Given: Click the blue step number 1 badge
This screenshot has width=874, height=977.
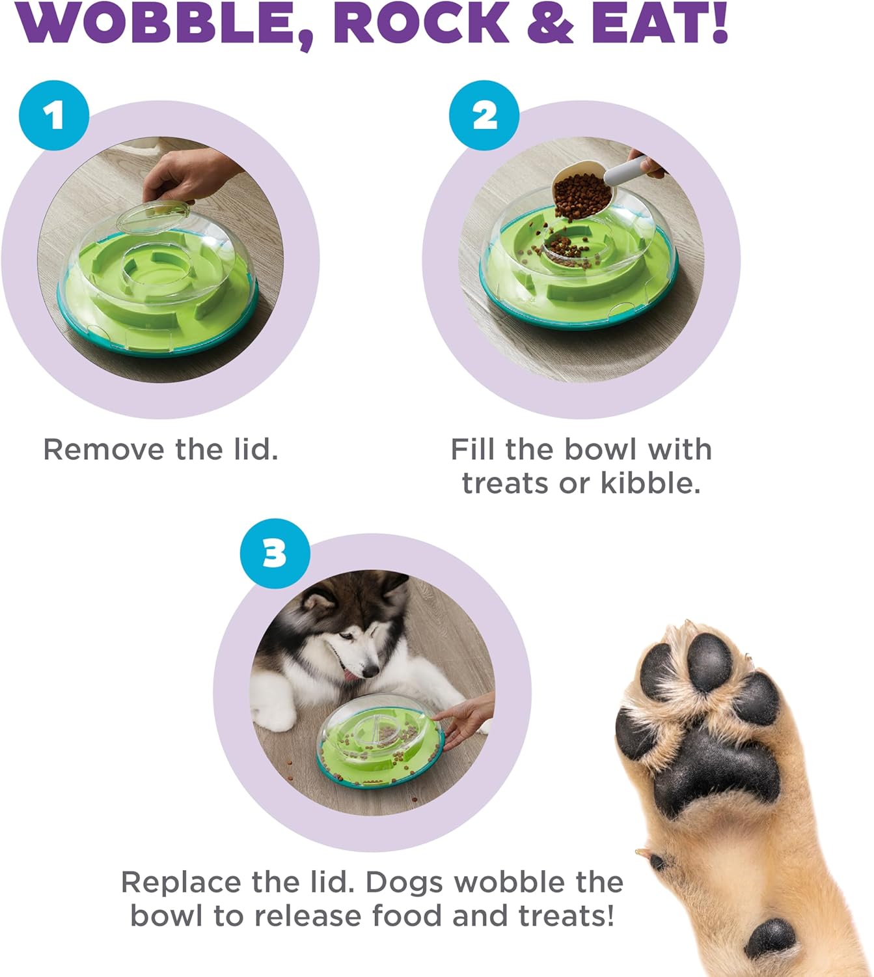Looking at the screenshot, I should coord(54,115).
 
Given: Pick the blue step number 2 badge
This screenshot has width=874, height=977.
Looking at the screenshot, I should coord(484,116).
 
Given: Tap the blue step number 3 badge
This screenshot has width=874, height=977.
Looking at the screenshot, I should coord(275,554).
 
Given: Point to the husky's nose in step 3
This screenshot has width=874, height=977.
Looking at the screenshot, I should coord(371,670).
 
